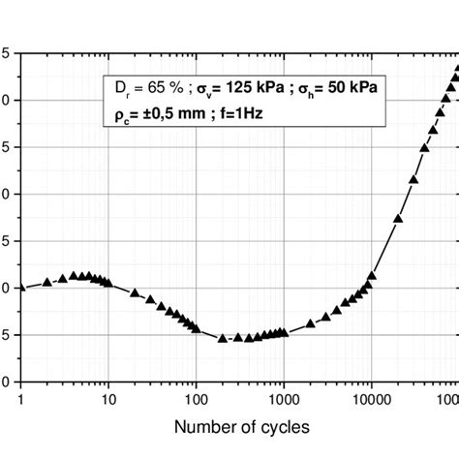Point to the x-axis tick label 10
[108, 397]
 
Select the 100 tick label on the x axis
[197, 397]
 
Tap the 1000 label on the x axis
[284, 397]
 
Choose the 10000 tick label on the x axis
[372, 397]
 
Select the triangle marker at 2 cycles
[47, 282]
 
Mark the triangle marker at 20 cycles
[135, 291]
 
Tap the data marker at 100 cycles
[197, 329]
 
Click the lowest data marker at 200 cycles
[223, 338]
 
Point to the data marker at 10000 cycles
[372, 276]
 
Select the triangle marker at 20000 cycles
[398, 220]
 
